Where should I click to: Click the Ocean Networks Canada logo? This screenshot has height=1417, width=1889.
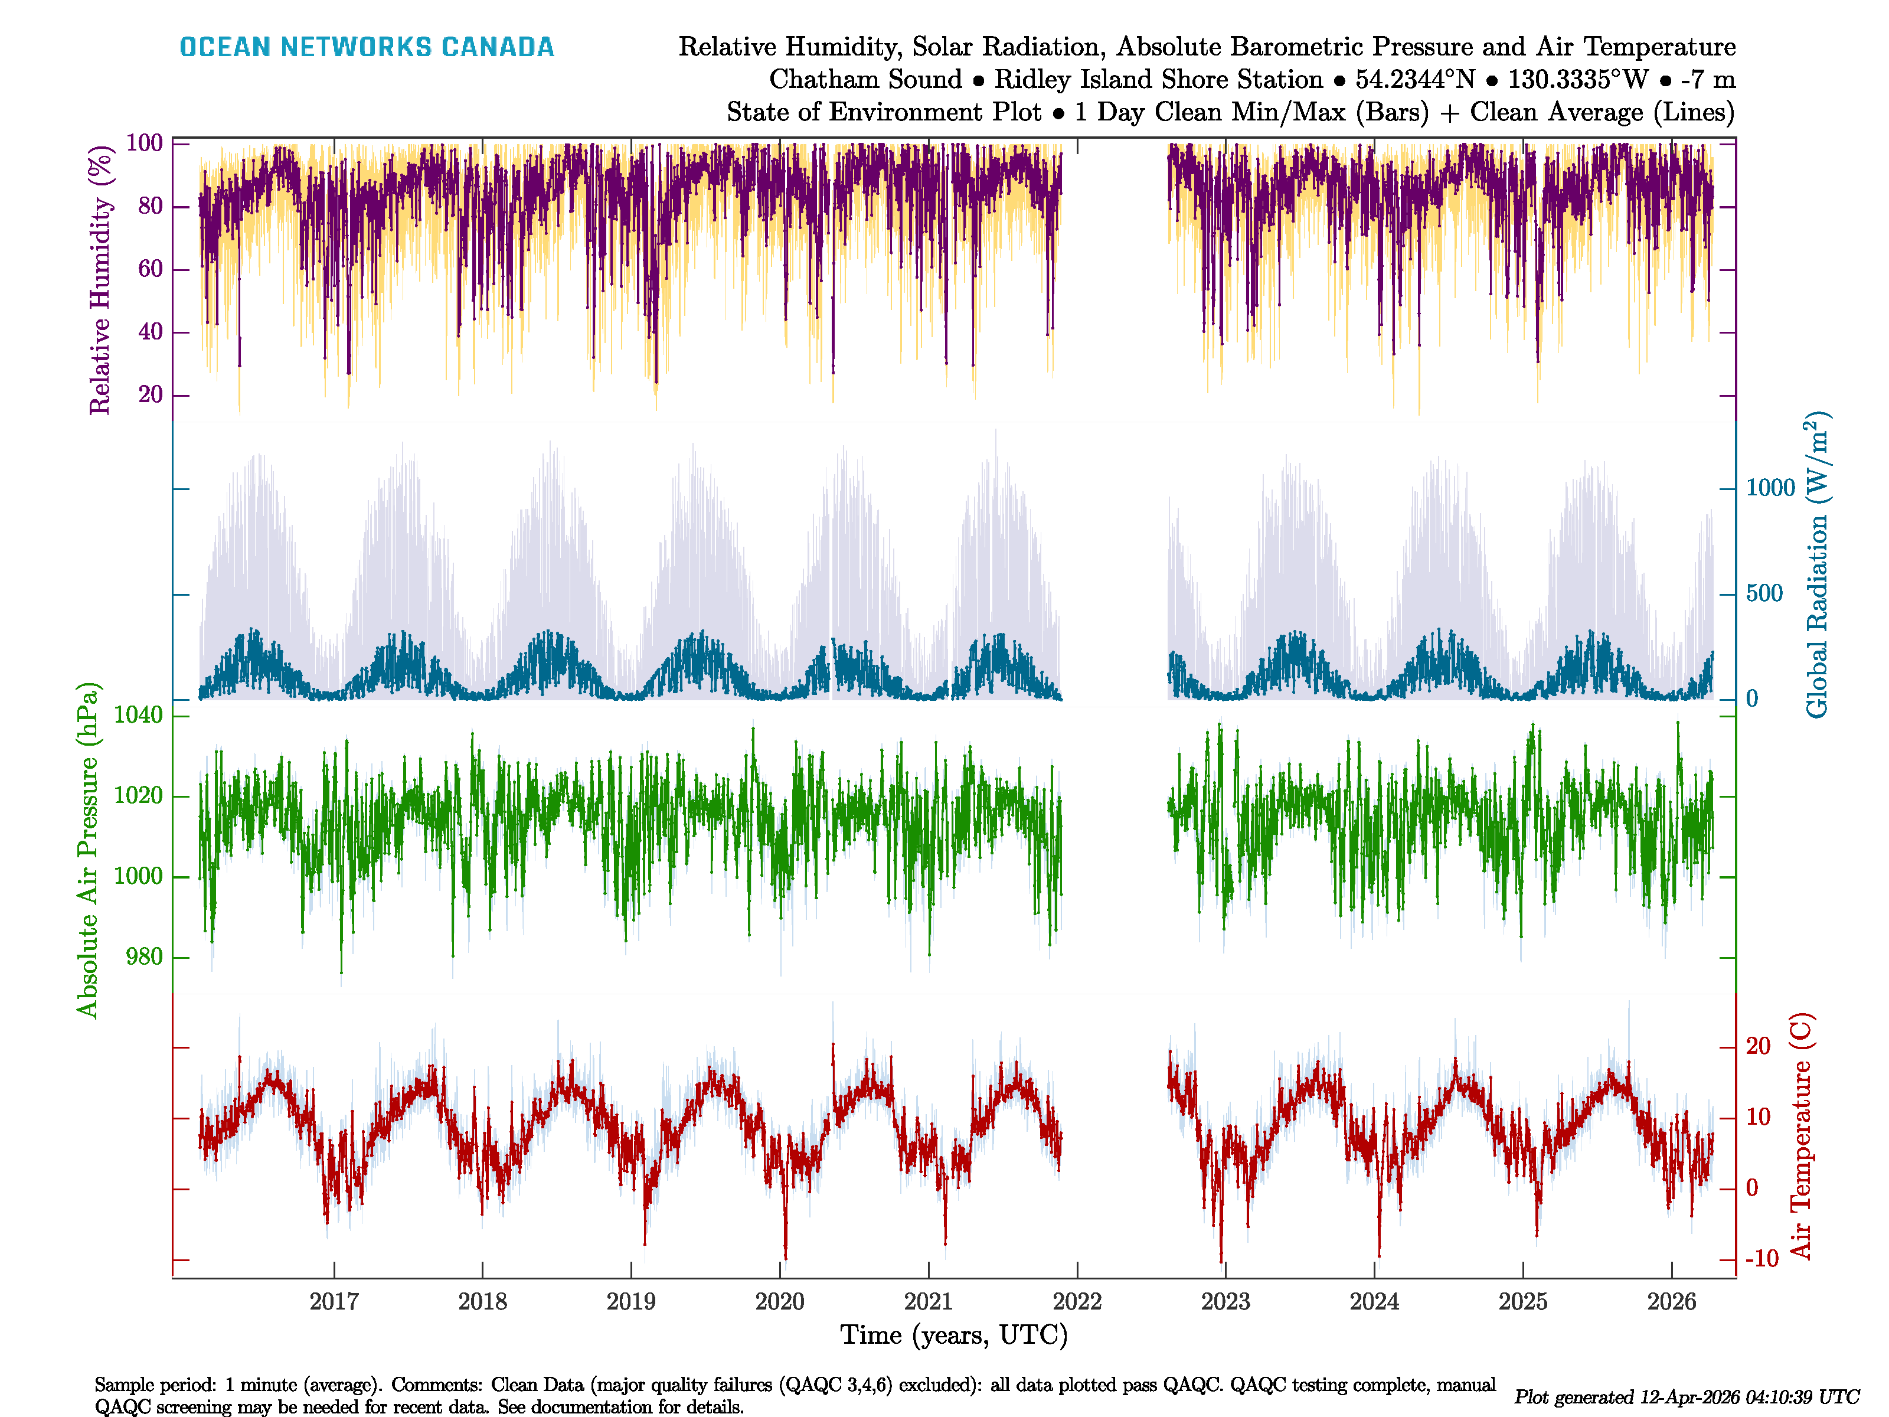pos(367,47)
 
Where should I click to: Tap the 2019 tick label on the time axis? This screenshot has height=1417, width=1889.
pos(631,1302)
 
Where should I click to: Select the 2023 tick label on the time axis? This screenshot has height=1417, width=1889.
pos(1225,1302)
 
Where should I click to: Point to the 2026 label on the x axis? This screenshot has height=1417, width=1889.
pos(1671,1302)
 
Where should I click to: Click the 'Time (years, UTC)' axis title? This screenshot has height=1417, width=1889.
pos(954,1335)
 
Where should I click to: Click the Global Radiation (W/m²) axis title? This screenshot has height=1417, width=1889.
pos(1816,566)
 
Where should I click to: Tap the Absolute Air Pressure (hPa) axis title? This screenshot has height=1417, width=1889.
pos(87,850)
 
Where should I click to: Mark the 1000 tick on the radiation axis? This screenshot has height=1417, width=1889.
pos(1770,488)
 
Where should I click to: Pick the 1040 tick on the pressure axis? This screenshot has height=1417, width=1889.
pos(138,715)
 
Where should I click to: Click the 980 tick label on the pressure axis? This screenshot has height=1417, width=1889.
pos(143,956)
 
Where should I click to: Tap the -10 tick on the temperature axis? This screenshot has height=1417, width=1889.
pos(1761,1259)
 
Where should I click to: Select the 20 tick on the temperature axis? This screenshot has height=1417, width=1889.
pos(1757,1046)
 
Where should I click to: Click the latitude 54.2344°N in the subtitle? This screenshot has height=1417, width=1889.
pos(1415,80)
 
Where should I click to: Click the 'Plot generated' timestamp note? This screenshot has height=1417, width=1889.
pos(1687,1396)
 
